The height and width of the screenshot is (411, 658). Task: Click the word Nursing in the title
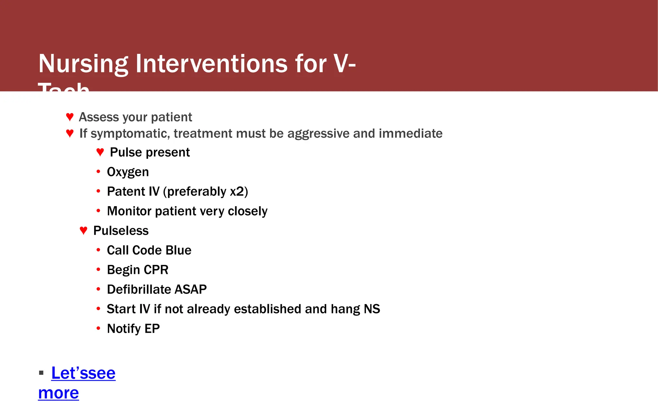[83, 64]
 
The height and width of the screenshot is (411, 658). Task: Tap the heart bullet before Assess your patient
[70, 117]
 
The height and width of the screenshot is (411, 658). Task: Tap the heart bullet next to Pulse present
[100, 152]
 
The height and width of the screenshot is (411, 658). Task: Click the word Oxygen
[128, 172]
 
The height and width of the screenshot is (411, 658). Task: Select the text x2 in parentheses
[237, 191]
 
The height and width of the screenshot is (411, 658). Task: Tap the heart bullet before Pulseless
[83, 230]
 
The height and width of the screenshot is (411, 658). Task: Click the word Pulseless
[121, 231]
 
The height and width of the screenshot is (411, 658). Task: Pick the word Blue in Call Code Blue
[178, 250]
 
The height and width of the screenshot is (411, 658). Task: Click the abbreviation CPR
[156, 270]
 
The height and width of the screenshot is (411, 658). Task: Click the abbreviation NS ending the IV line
[372, 309]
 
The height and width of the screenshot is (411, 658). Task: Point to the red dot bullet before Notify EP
[98, 328]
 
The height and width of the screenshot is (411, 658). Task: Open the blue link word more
[58, 393]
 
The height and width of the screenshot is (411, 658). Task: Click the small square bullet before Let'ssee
[41, 373]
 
